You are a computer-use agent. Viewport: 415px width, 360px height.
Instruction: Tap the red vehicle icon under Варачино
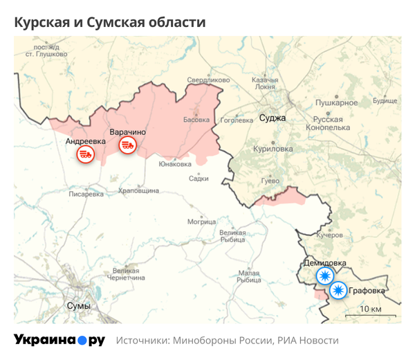[127, 145]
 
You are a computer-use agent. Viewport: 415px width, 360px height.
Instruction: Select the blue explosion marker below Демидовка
[324, 276]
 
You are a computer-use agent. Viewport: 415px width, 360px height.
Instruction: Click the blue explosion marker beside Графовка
[338, 290]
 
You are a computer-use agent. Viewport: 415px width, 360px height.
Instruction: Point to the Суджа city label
[272, 118]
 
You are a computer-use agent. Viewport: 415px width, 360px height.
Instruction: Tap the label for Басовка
[196, 120]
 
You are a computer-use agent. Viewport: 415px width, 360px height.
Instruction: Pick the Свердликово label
[208, 80]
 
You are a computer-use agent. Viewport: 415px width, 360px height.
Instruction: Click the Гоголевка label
[237, 120]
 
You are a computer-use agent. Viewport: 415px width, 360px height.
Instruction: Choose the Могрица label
[201, 222]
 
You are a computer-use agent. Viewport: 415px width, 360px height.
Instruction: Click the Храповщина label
[138, 190]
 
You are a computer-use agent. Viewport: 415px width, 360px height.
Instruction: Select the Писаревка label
[86, 195]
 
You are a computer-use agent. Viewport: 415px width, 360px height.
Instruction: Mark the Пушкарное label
[336, 102]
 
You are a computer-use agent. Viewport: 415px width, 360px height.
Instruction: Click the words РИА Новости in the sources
[308, 341]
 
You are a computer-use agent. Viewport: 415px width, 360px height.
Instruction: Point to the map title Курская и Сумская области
[110, 22]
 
